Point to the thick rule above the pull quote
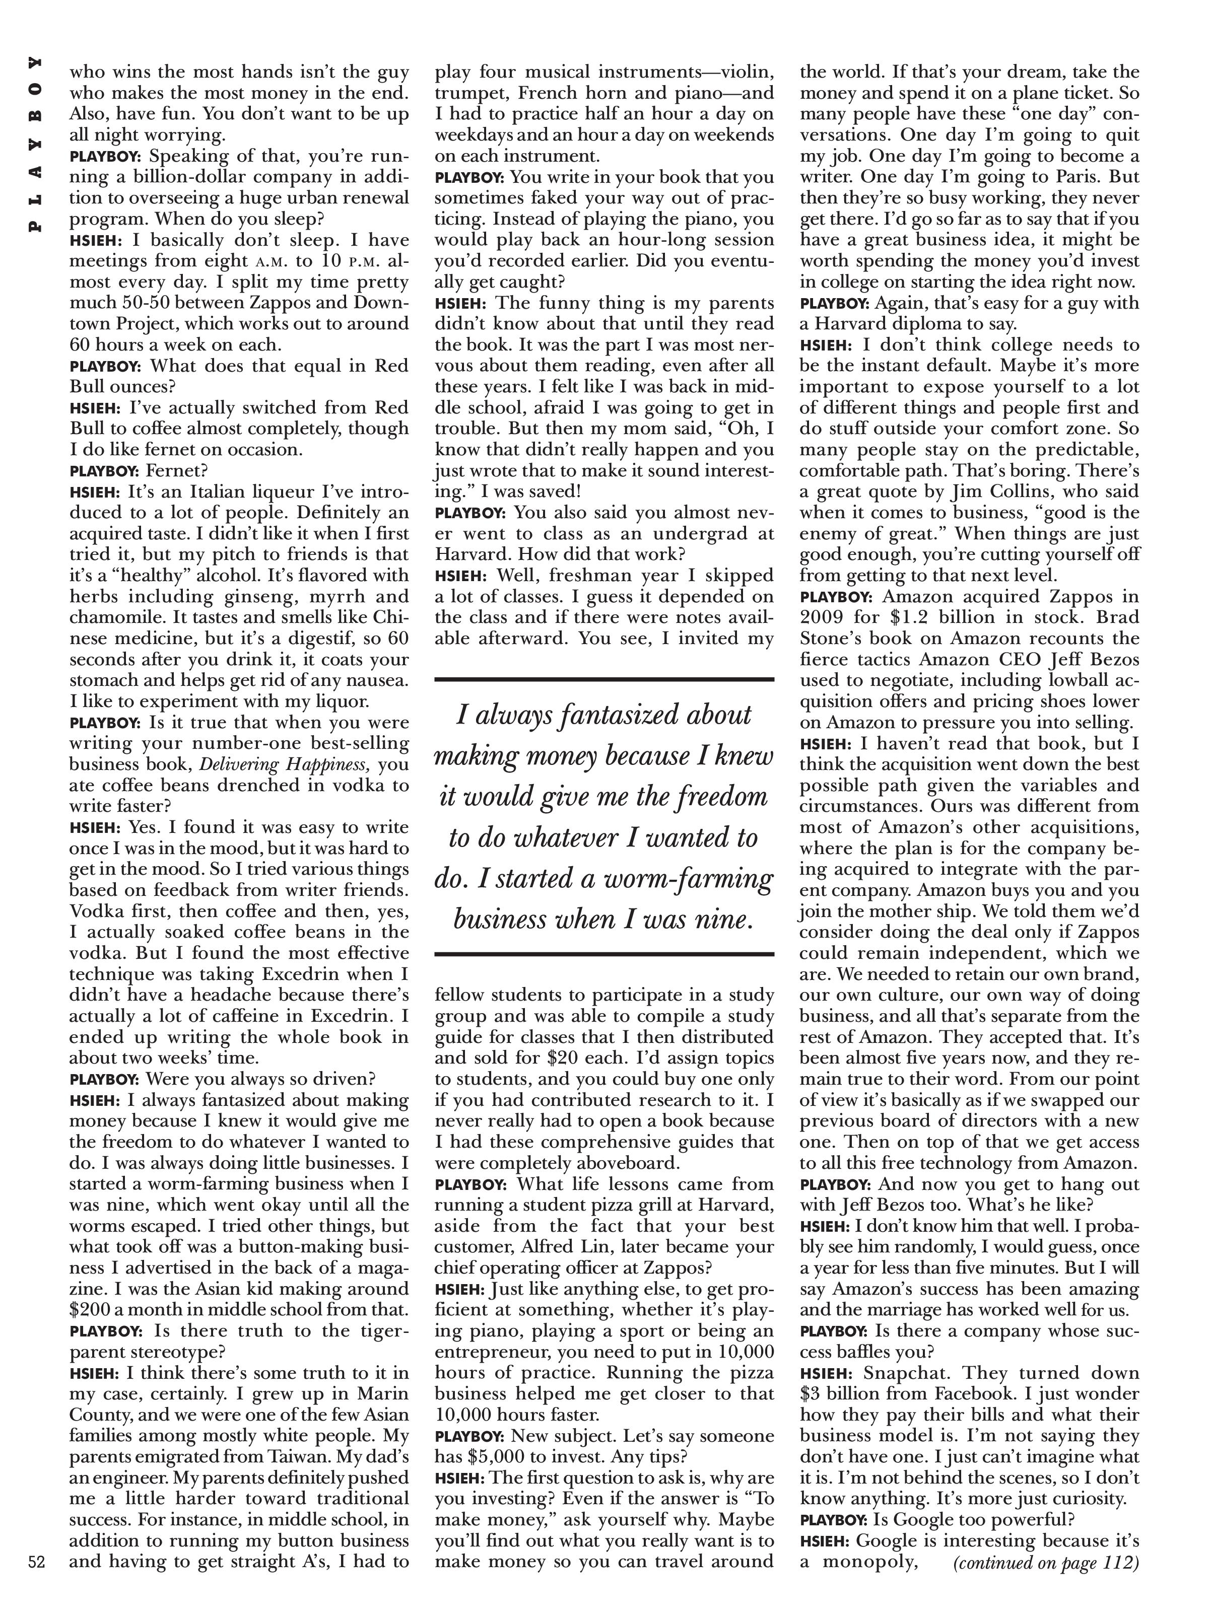(604, 680)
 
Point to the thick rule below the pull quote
(604, 954)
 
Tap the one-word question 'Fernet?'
(177, 470)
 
